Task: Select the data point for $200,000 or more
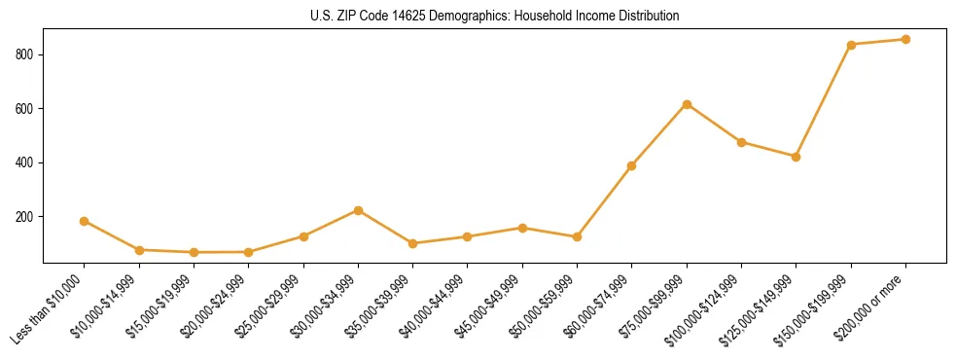point(905,40)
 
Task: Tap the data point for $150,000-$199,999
point(851,45)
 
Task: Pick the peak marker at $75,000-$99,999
point(687,104)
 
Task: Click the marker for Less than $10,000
point(85,221)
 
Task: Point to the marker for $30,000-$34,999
point(358,210)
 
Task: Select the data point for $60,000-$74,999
point(632,165)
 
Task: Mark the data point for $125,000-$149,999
point(797,157)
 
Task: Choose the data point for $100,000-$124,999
point(741,142)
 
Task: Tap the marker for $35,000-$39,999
point(412,243)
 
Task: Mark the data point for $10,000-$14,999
point(139,250)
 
